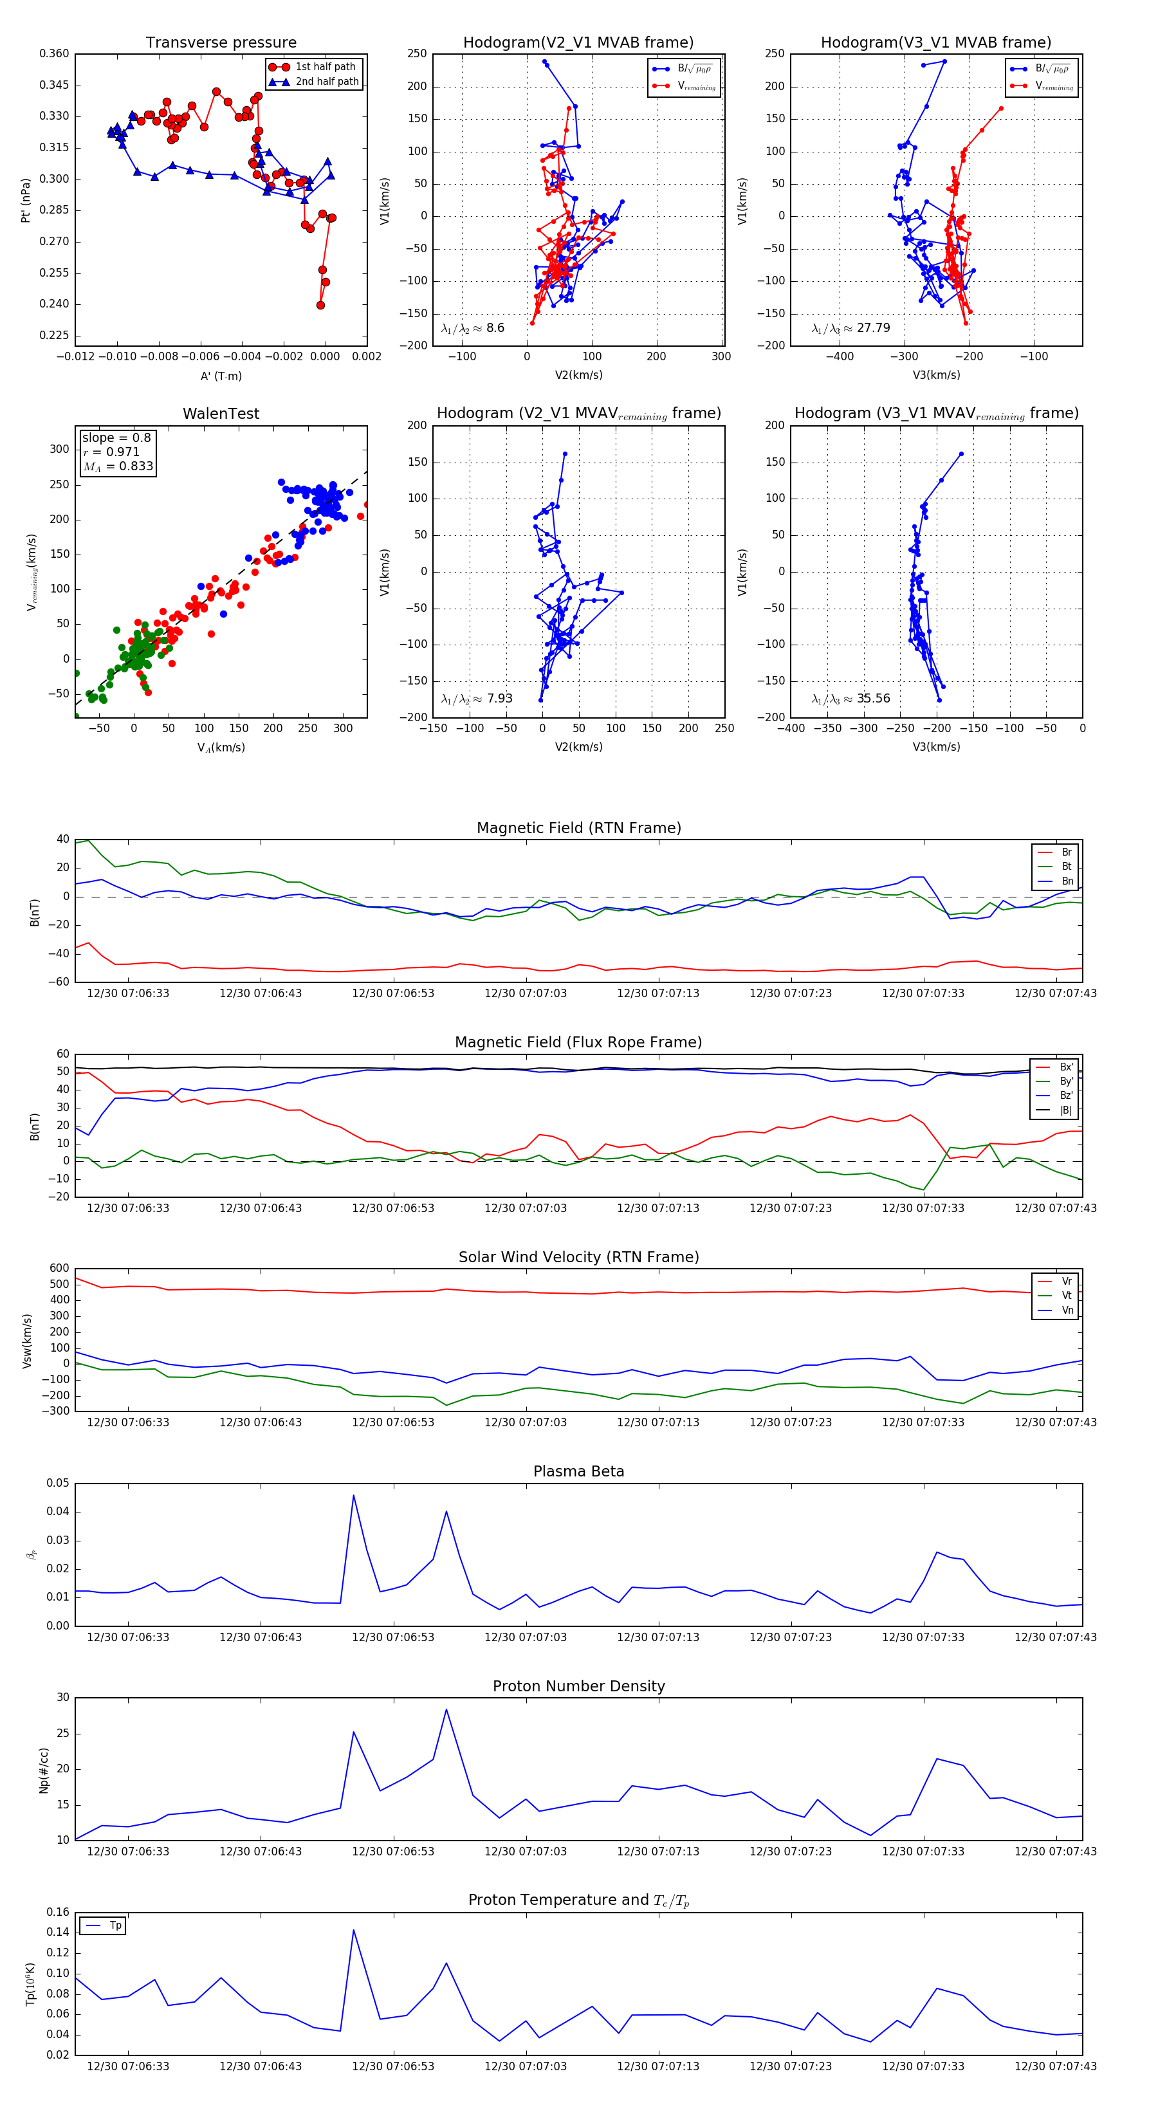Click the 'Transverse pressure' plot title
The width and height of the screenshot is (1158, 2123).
point(221,43)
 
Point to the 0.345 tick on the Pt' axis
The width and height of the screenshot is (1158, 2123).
point(55,85)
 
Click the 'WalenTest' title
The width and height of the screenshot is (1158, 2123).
point(221,414)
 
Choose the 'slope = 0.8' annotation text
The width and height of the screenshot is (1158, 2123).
point(116,437)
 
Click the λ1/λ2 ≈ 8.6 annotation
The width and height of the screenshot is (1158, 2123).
point(473,328)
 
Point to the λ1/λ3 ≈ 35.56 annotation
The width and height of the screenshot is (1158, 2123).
point(850,699)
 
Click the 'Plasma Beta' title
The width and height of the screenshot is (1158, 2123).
point(578,1471)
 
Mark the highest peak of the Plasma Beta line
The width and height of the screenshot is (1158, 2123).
point(354,1495)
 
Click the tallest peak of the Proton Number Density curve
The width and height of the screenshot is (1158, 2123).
point(446,1709)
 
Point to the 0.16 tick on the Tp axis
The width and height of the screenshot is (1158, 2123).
point(58,1912)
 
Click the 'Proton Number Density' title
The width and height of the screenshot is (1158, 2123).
point(578,1686)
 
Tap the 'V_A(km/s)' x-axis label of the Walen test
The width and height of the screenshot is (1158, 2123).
point(221,748)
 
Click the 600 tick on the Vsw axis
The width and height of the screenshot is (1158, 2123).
point(59,1269)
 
